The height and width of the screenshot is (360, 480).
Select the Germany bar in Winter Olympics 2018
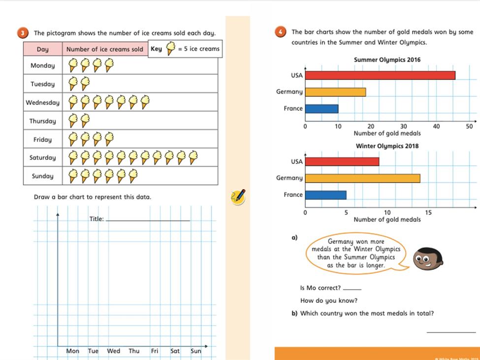coord(362,178)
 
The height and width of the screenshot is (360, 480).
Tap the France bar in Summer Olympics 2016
coord(321,108)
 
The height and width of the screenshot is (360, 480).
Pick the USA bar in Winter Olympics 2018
coord(342,162)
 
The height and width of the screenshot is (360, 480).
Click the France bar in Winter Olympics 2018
coord(325,195)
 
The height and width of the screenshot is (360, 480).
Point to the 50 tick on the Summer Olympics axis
coord(469,127)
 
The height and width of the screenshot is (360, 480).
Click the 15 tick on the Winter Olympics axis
coord(428,213)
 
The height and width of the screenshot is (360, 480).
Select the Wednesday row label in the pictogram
coord(43,102)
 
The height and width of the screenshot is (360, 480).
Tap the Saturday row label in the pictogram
coord(43,158)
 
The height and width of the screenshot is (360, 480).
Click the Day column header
coord(42,49)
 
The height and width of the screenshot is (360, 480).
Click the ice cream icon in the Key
coord(170,49)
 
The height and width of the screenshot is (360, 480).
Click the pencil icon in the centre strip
coord(238,196)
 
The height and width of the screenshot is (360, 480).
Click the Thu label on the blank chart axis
coord(134,351)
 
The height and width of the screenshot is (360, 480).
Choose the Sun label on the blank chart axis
coord(196,351)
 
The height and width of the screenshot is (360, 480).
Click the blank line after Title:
coord(148,220)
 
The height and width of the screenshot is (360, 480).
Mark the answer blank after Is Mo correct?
coord(352,288)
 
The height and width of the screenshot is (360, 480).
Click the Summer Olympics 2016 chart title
coord(387,60)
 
